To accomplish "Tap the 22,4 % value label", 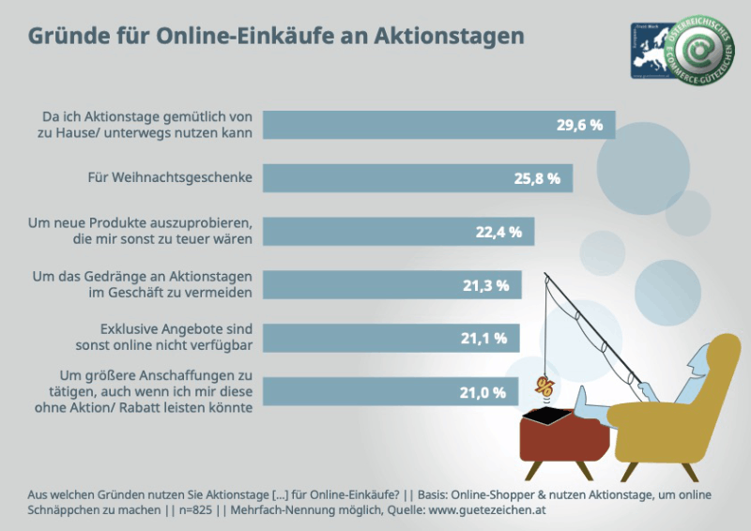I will (498, 233).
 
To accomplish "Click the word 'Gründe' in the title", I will (67, 37).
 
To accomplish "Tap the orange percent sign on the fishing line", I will (544, 387).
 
